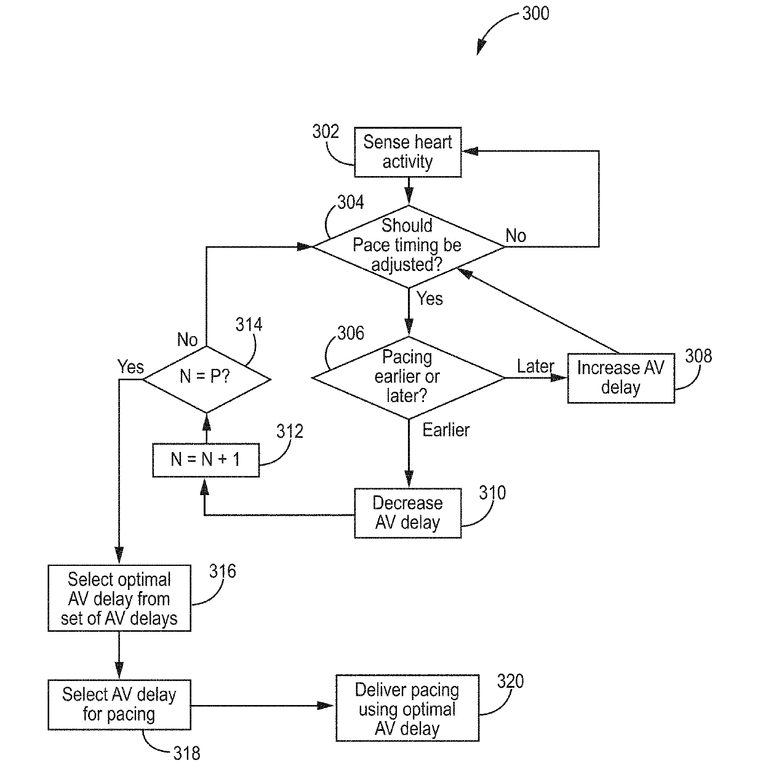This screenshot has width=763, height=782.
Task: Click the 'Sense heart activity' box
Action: (407, 152)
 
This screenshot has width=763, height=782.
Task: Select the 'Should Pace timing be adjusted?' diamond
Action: (409, 247)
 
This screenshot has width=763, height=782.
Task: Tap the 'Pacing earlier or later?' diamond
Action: (409, 377)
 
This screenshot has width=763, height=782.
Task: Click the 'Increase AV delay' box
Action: (621, 378)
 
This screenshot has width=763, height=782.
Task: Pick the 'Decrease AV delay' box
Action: (407, 513)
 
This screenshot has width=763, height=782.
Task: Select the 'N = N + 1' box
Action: (206, 460)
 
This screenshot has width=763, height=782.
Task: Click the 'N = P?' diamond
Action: (206, 379)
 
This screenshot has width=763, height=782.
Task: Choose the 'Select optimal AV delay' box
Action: (119, 599)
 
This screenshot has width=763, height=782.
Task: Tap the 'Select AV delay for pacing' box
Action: (119, 705)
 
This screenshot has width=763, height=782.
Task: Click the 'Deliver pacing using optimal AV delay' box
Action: (407, 708)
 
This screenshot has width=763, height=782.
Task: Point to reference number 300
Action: (535, 14)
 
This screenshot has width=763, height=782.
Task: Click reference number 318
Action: (186, 753)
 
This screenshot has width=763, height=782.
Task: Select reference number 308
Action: (698, 356)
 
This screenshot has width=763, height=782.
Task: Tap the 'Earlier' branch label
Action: (445, 430)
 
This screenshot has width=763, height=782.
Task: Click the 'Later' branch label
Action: (535, 366)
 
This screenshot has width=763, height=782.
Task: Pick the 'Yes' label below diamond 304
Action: (429, 299)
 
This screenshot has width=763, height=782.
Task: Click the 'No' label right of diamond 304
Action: (516, 236)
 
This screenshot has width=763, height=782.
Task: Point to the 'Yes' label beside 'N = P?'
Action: (130, 367)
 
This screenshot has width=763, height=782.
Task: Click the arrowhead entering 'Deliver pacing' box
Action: (326, 705)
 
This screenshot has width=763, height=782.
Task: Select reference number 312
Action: (290, 431)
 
